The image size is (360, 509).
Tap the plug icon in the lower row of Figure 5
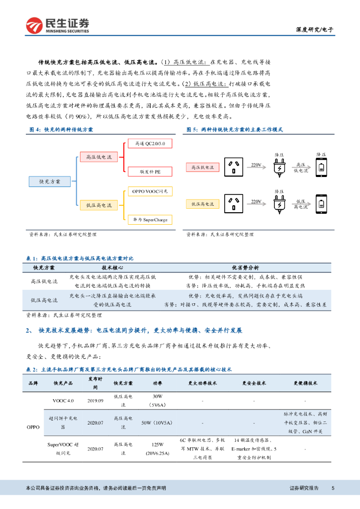(278, 204)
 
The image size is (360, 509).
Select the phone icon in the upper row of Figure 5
(322, 167)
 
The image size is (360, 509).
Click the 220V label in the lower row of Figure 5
(256, 201)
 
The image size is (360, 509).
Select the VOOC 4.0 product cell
(63, 400)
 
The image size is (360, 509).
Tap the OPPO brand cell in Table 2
(33, 427)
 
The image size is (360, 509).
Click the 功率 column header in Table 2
(158, 383)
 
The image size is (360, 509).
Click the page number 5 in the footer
(333, 488)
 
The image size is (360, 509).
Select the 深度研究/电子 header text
(318, 29)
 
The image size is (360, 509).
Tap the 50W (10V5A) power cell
(158, 423)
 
